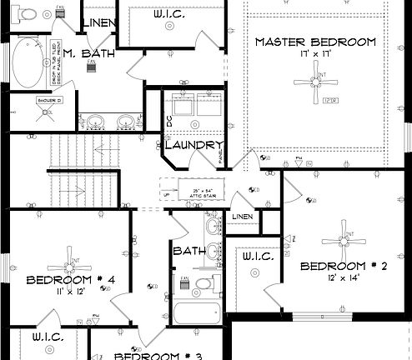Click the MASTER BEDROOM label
tap(315, 42)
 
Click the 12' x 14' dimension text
tap(344, 278)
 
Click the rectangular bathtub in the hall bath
tap(195, 317)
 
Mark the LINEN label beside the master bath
tap(101, 22)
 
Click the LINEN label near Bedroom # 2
tap(243, 217)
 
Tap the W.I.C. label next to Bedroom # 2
tap(259, 257)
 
